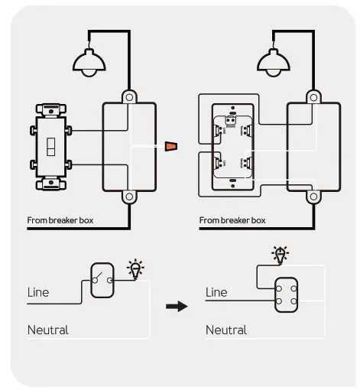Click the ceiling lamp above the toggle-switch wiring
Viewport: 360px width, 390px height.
point(90,61)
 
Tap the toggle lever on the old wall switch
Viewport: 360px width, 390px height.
point(50,146)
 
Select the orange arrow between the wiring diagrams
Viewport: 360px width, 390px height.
point(170,146)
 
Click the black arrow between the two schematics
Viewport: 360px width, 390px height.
point(177,306)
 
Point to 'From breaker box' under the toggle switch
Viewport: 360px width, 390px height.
point(60,220)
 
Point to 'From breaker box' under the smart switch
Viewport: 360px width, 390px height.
point(232,220)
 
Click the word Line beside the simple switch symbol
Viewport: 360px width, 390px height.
point(38,292)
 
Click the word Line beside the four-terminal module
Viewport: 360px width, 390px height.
point(216,292)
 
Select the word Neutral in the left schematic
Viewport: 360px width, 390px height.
point(48,330)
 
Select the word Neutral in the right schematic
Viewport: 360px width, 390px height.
point(226,330)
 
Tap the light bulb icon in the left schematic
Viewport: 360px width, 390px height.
point(136,268)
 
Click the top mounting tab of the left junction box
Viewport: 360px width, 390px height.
point(129,97)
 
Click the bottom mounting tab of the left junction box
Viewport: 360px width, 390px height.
point(129,196)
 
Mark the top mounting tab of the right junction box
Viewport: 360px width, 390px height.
point(313,97)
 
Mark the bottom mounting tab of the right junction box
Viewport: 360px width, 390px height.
point(313,196)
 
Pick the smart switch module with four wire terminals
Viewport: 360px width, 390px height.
point(230,146)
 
